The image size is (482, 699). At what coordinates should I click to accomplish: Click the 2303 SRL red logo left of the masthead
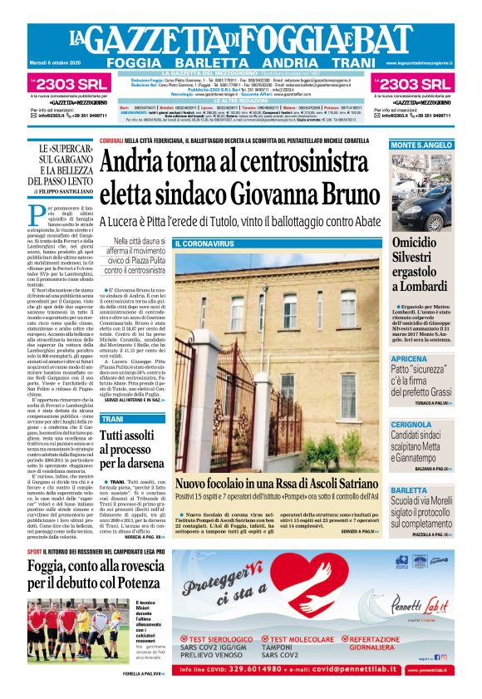[65, 83]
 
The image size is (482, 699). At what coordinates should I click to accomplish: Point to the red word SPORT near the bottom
[36, 551]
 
